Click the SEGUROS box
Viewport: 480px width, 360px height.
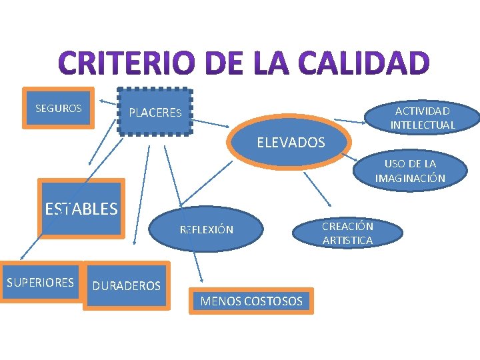[x=59, y=107]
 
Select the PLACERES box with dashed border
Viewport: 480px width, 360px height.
[x=155, y=112]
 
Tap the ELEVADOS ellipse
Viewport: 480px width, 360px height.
[x=291, y=142]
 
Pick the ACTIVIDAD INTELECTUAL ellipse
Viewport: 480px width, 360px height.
[x=423, y=118]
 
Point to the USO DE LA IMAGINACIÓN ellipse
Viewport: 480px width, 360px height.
[x=410, y=171]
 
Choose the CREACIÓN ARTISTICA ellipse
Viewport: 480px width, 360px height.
[x=347, y=233]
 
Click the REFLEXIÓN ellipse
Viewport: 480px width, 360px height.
[x=207, y=230]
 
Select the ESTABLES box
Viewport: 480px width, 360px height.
[x=81, y=209]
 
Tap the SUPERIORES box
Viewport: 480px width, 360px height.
[x=41, y=282]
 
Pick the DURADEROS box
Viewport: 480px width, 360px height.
[x=127, y=286]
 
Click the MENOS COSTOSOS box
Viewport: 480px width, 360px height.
[x=251, y=301]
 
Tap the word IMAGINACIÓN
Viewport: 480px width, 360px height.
[x=410, y=178]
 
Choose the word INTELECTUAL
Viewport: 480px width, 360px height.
[x=423, y=125]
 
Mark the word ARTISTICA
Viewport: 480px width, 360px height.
[x=347, y=241]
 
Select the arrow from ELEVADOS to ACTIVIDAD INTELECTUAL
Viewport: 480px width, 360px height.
[x=350, y=121]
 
